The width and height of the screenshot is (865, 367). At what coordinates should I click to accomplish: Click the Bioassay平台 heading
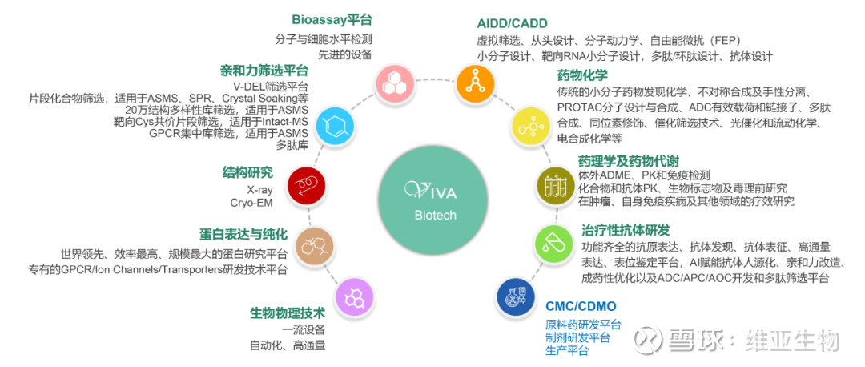(332, 20)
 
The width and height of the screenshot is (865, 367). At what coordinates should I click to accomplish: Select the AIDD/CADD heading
(512, 23)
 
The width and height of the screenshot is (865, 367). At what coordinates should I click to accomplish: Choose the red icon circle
(306, 183)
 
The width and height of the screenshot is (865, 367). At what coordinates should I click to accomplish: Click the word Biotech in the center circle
(435, 215)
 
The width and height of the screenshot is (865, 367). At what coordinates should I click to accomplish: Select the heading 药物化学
(577, 75)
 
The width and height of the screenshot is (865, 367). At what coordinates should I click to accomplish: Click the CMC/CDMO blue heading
(581, 307)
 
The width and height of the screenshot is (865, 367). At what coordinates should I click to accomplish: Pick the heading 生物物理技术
(288, 313)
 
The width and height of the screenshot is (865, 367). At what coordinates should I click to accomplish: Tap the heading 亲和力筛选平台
(264, 70)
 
